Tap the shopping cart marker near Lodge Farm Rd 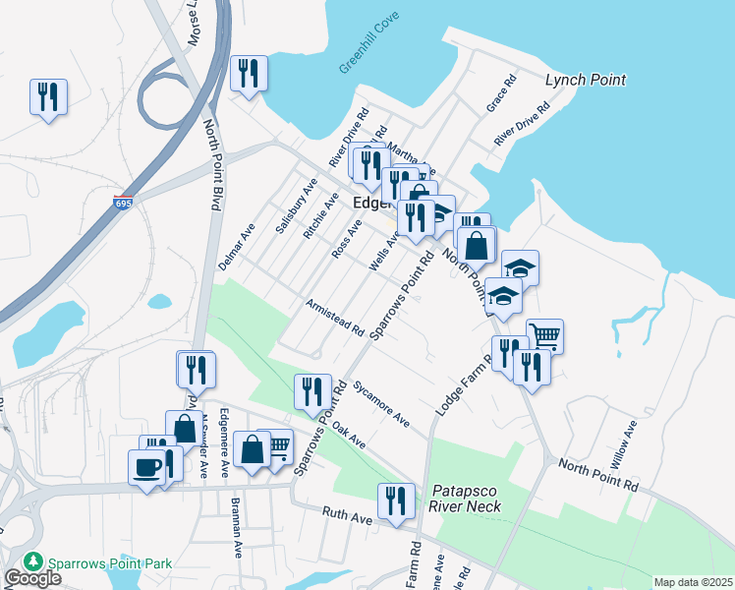point(544,335)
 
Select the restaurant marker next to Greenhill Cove point(249,73)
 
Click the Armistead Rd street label point(334,317)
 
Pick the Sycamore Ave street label point(381,404)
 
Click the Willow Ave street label point(627,441)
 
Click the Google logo point(32,578)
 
